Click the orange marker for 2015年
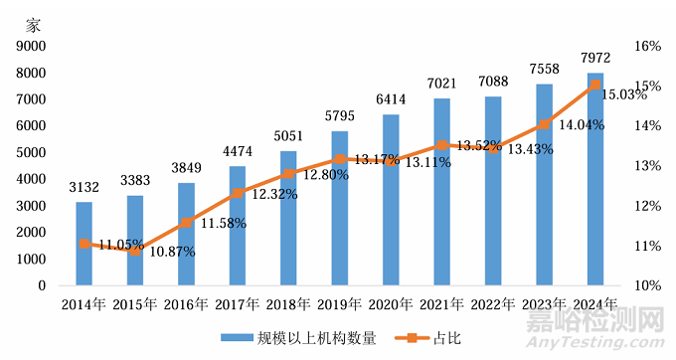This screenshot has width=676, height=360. click(135, 252)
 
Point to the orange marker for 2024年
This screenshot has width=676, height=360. click(594, 85)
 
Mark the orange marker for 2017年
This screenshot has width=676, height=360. click(238, 194)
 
